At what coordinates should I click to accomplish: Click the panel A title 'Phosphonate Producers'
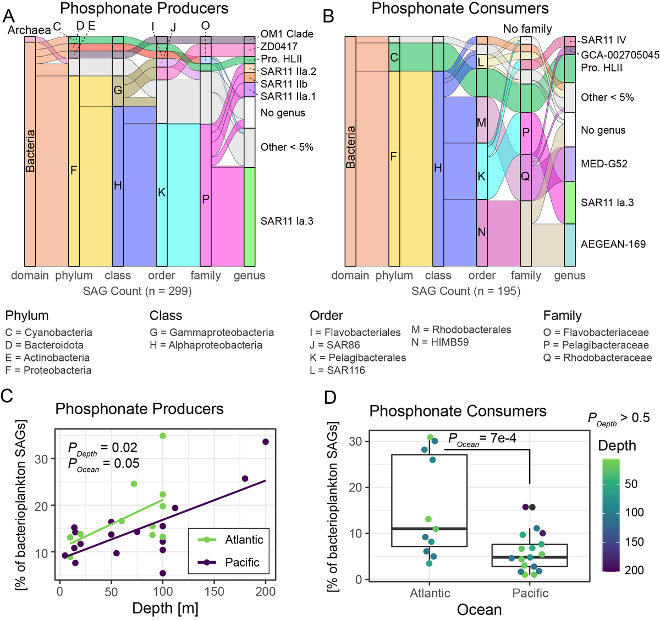(144, 9)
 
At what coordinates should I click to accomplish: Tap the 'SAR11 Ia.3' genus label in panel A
(287, 221)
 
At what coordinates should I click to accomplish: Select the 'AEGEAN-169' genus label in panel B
(613, 244)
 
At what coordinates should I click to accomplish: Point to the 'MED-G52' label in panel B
(604, 164)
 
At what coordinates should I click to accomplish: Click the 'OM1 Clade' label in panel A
(287, 34)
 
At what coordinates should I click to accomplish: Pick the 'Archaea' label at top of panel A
(29, 30)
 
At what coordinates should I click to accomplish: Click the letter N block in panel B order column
(482, 232)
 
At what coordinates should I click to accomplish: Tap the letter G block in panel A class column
(118, 90)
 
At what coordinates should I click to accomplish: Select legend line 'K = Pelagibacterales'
(358, 358)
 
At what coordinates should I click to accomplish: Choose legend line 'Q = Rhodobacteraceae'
(597, 358)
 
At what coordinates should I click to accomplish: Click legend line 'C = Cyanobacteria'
(49, 333)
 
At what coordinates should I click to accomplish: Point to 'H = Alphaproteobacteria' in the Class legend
(206, 345)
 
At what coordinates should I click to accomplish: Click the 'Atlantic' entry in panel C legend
(244, 540)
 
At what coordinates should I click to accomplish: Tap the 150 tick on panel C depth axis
(214, 591)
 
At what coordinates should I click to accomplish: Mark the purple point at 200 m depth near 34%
(266, 442)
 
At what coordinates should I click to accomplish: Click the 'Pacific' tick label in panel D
(530, 593)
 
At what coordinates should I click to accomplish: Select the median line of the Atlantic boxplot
(429, 529)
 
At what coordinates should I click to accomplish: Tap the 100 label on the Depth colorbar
(634, 512)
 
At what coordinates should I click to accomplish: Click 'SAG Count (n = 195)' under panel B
(466, 291)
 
